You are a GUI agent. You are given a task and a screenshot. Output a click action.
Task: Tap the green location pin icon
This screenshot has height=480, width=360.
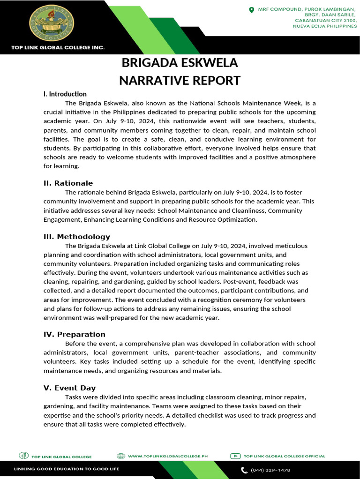[x=251, y=9]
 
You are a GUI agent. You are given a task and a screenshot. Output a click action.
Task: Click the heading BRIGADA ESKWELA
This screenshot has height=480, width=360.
[x=180, y=63]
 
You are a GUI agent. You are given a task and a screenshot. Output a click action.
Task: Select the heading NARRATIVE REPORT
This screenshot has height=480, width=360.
[x=180, y=80]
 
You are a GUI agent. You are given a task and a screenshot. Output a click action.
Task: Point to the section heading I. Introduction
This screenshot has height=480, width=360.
[x=65, y=94]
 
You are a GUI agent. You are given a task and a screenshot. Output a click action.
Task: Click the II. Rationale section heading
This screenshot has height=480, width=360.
[x=68, y=183]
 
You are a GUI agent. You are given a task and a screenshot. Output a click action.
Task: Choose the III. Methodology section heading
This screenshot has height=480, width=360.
[x=77, y=236]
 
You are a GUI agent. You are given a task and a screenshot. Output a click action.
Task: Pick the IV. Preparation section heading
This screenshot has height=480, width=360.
[x=75, y=334]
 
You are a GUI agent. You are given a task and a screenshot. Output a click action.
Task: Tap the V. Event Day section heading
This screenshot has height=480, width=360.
[x=69, y=388]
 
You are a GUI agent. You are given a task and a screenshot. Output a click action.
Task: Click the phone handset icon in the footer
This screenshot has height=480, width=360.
[x=244, y=470]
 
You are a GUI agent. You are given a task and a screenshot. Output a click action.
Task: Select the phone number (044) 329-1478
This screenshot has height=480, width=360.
[x=270, y=470]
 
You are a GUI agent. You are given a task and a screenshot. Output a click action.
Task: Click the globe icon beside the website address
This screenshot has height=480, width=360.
[x=120, y=456]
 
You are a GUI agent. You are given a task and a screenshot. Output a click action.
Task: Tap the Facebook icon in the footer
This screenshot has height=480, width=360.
[x=23, y=456]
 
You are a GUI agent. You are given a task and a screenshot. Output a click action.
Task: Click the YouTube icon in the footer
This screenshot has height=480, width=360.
[x=235, y=456]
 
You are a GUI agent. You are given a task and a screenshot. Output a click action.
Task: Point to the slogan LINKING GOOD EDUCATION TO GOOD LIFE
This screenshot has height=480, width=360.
[x=67, y=469]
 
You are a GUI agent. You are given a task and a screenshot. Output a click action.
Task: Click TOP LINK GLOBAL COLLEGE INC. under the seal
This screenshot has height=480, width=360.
[x=58, y=47]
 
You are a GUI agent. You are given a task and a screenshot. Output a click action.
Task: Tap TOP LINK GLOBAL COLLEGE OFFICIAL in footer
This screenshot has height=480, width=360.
[x=284, y=456]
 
